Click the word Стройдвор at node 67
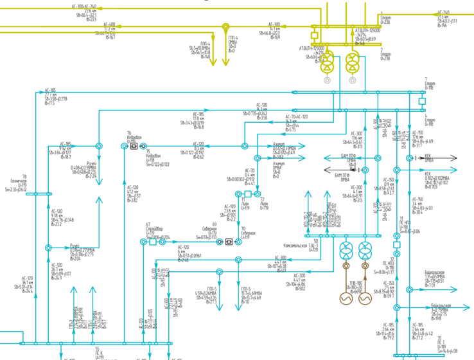(154, 228)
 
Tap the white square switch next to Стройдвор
(144, 242)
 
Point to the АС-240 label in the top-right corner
(444, 12)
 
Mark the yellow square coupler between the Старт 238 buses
(315, 35)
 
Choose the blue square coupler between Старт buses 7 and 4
(422, 101)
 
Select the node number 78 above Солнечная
(24, 176)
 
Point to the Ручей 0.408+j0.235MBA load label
(83, 170)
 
